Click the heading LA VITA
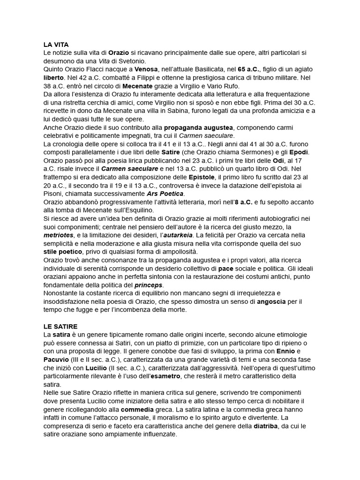pos(56,45)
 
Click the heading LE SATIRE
pos(60,326)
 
